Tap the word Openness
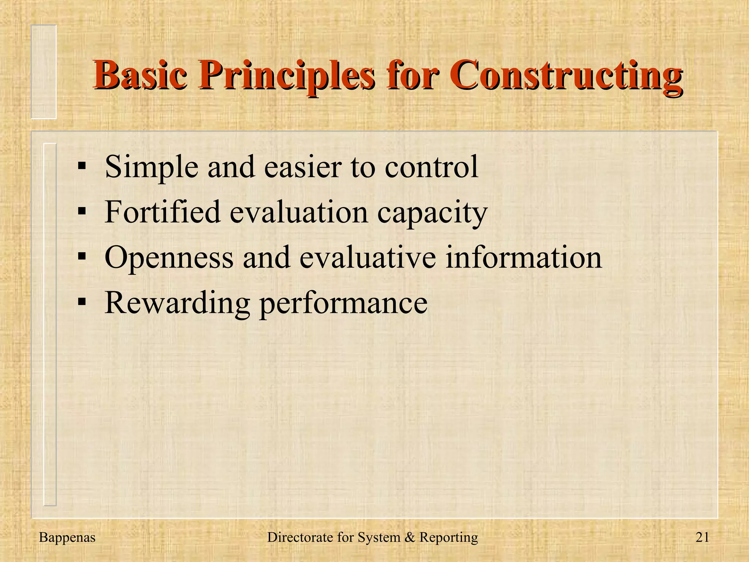click(169, 258)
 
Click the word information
click(523, 258)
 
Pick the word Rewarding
click(177, 303)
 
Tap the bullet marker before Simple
click(82, 166)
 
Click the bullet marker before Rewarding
click(82, 303)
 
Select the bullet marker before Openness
click(82, 257)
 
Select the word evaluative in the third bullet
click(367, 258)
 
